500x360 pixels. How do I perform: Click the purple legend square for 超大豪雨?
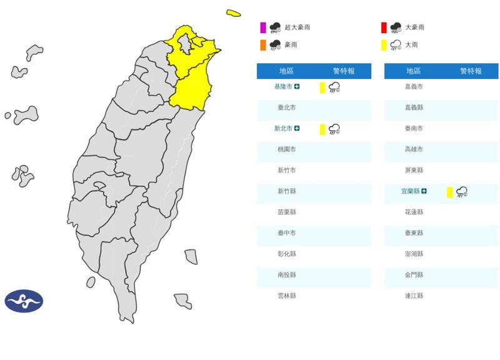pyautogui.click(x=263, y=27)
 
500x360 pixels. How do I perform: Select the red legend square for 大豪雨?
pyautogui.click(x=384, y=27)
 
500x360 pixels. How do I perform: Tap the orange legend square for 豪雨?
pyautogui.click(x=263, y=45)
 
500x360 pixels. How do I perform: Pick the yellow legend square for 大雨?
pyautogui.click(x=384, y=45)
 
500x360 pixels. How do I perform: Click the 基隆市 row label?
pyautogui.click(x=284, y=87)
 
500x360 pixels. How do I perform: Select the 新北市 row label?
pyautogui.click(x=284, y=129)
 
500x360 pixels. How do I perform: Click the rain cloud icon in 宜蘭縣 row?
pyautogui.click(x=462, y=192)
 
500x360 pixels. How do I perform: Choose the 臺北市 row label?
pyautogui.click(x=286, y=107)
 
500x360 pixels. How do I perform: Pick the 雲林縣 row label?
pyautogui.click(x=286, y=296)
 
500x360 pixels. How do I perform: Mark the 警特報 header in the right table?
pyautogui.click(x=471, y=71)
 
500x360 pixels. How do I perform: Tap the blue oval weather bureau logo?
pyautogui.click(x=24, y=301)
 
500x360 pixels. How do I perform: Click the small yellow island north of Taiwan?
pyautogui.click(x=234, y=13)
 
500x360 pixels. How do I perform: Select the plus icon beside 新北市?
pyautogui.click(x=297, y=129)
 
